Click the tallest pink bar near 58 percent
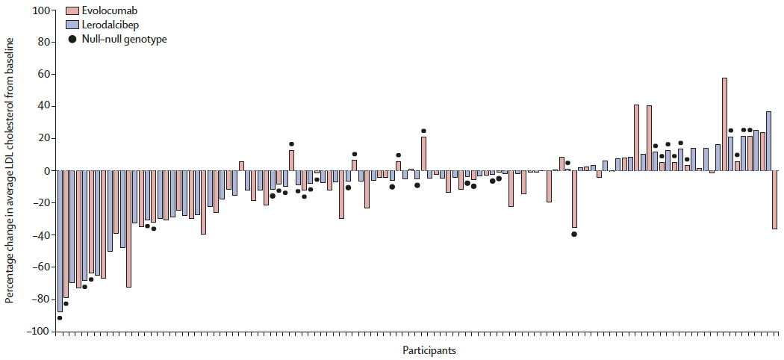[x=724, y=124]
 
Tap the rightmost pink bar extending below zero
[x=774, y=199]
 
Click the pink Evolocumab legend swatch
[x=72, y=10]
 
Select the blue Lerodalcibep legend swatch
[x=72, y=25]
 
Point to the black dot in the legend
[x=72, y=39]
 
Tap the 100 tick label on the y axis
[x=41, y=10]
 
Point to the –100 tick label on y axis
[x=38, y=331]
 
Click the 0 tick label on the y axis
[x=46, y=170]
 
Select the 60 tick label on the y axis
[x=43, y=75]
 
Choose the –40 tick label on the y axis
[x=40, y=235]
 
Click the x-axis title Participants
[x=429, y=350]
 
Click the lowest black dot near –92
[x=60, y=318]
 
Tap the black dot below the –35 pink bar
[x=574, y=234]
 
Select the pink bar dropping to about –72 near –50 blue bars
[x=128, y=229]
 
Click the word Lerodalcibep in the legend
[x=113, y=25]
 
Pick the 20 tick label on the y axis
[x=43, y=138]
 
